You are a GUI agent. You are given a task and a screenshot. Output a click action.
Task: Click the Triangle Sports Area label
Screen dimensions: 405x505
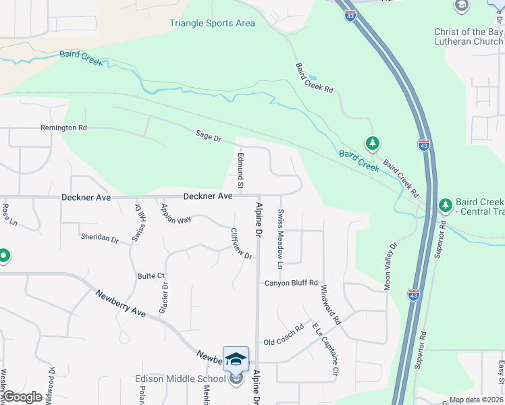coord(212,24)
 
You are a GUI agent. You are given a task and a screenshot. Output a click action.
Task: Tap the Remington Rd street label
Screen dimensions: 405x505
coord(64,128)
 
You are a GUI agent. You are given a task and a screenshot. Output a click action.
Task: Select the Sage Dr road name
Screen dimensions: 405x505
coord(209,137)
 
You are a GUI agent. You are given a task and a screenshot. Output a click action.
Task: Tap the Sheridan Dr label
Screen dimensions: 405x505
coord(99,238)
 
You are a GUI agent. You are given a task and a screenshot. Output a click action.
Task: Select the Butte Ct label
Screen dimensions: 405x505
coord(151,276)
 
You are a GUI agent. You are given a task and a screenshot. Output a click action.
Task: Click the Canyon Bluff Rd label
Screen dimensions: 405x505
coord(290,283)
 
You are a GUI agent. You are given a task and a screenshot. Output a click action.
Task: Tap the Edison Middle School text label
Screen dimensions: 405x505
coord(180,379)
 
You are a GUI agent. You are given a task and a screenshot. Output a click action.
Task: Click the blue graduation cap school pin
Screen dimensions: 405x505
coord(236,359)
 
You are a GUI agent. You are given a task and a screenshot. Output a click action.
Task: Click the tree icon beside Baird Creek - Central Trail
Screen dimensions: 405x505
coord(445,204)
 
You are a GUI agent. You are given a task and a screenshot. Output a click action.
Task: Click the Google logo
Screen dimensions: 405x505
coord(23,397)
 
